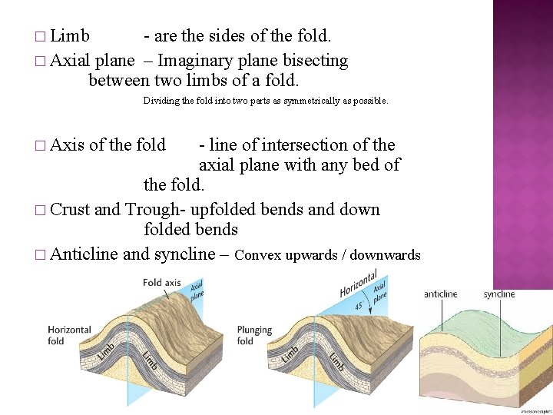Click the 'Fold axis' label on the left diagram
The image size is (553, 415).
(161, 283)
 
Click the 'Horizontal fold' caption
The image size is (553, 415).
(69, 335)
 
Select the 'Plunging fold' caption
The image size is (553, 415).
(254, 335)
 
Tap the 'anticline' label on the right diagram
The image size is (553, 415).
(441, 294)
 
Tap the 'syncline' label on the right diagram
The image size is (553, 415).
(499, 294)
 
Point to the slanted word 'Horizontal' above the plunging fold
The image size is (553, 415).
(358, 284)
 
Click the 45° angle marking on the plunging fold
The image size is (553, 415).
(358, 305)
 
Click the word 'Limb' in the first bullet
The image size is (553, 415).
(70, 36)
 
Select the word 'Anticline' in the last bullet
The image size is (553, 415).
(84, 254)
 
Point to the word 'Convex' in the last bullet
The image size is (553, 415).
(257, 254)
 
